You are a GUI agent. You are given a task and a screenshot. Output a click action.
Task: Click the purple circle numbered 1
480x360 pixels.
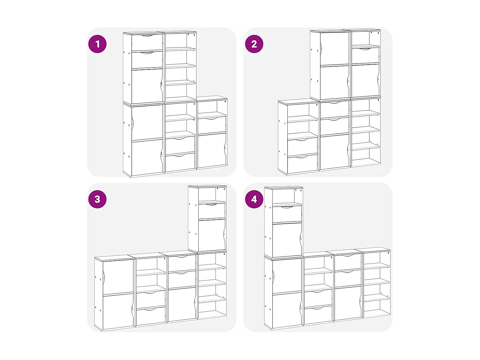pos(97,44)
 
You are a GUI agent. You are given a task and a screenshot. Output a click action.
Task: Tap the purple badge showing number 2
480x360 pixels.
pos(254,44)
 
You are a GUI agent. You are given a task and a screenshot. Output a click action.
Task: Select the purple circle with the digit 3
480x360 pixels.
pos(97,199)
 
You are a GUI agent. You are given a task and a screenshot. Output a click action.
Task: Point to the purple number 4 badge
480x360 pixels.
pos(254,199)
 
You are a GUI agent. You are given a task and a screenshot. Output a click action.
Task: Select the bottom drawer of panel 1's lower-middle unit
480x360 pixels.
pos(180,163)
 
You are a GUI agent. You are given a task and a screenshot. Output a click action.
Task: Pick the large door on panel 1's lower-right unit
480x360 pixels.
pos(212,150)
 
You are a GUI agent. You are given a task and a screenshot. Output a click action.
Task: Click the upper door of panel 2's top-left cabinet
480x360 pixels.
pos(335,49)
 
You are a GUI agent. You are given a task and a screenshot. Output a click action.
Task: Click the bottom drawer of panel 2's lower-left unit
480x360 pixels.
pos(302,164)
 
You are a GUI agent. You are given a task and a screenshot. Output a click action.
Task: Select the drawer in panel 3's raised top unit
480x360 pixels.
pos(212,211)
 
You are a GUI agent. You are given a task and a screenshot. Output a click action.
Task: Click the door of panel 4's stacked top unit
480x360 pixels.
pos(287,239)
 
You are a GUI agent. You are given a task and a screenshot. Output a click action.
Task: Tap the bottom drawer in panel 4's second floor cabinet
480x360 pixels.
pos(318,315)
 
